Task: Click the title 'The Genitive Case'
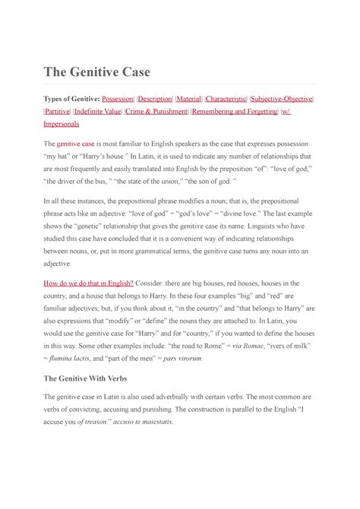pyautogui.click(x=96, y=72)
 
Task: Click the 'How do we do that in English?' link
pyautogui.click(x=89, y=283)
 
